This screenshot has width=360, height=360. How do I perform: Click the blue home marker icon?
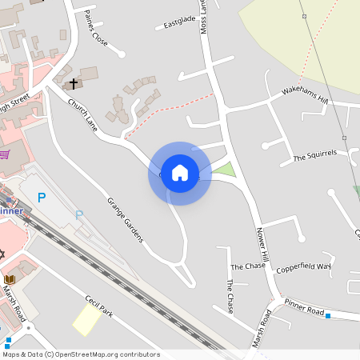(180, 173)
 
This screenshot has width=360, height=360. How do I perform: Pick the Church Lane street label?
(82, 115)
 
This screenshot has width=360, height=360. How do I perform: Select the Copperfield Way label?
(304, 267)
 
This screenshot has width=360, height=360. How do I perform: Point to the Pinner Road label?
(303, 307)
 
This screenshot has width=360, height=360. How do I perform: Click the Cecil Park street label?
(99, 306)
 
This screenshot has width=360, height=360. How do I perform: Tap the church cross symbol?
(73, 82)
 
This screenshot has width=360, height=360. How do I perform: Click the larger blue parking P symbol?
(42, 197)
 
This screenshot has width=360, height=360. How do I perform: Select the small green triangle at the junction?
(226, 170)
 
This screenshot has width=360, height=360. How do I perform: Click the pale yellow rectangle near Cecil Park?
(86, 319)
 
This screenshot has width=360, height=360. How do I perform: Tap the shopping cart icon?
(6, 154)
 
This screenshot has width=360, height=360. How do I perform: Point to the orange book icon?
(10, 279)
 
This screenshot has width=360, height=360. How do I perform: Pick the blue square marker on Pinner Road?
(328, 316)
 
